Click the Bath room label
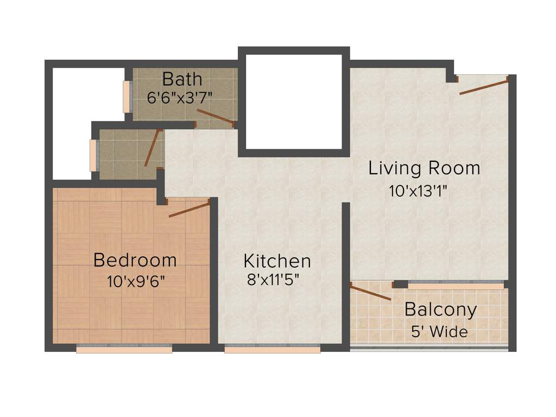[x=182, y=79]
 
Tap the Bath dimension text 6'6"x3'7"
[x=180, y=98]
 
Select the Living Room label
[x=424, y=168]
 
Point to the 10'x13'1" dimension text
[x=418, y=191]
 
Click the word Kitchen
[x=277, y=261]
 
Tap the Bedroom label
[x=135, y=260]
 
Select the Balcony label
[x=441, y=310]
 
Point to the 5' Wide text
[x=439, y=331]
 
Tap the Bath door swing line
[x=215, y=117]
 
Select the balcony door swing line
[x=370, y=292]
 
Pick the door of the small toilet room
[x=153, y=148]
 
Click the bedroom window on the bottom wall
[x=124, y=350]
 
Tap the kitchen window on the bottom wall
[x=272, y=350]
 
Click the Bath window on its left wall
[x=127, y=97]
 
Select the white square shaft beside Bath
[x=294, y=102]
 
